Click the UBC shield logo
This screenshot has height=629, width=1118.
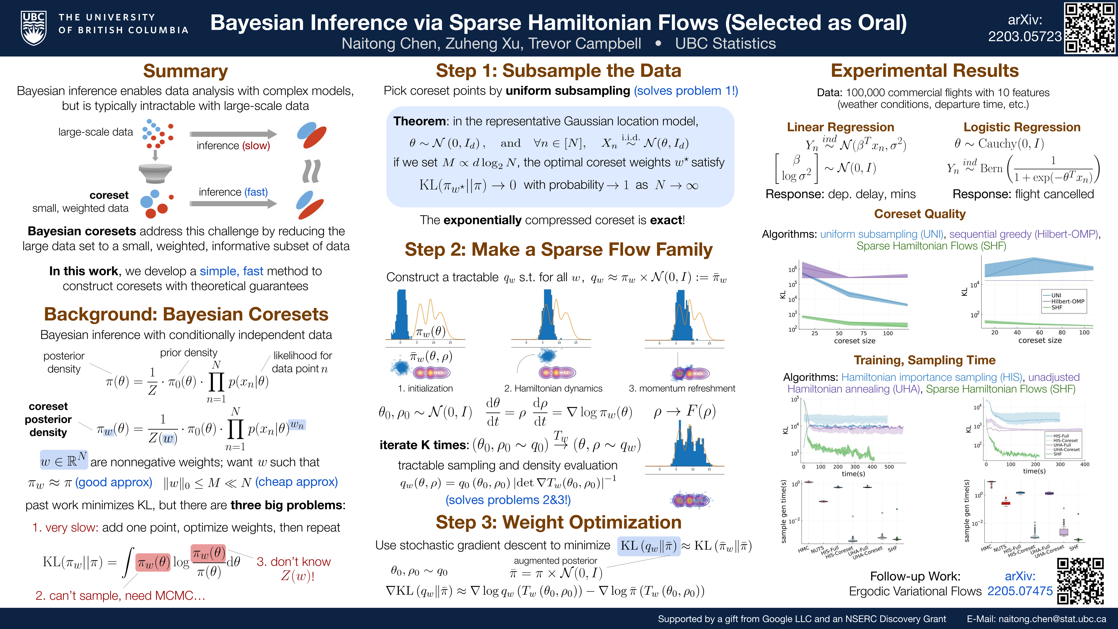tap(34, 28)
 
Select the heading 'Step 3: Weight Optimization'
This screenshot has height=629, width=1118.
tap(559, 522)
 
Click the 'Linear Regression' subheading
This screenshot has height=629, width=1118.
tap(840, 127)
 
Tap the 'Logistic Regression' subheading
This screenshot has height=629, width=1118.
tap(1022, 127)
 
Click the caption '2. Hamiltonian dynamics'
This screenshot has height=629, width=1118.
tap(553, 389)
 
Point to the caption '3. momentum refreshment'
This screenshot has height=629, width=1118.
tap(682, 389)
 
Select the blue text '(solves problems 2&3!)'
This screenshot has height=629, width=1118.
tap(508, 500)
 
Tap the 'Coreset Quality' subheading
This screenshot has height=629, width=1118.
tap(920, 214)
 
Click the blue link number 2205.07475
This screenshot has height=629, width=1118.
tap(1020, 591)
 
